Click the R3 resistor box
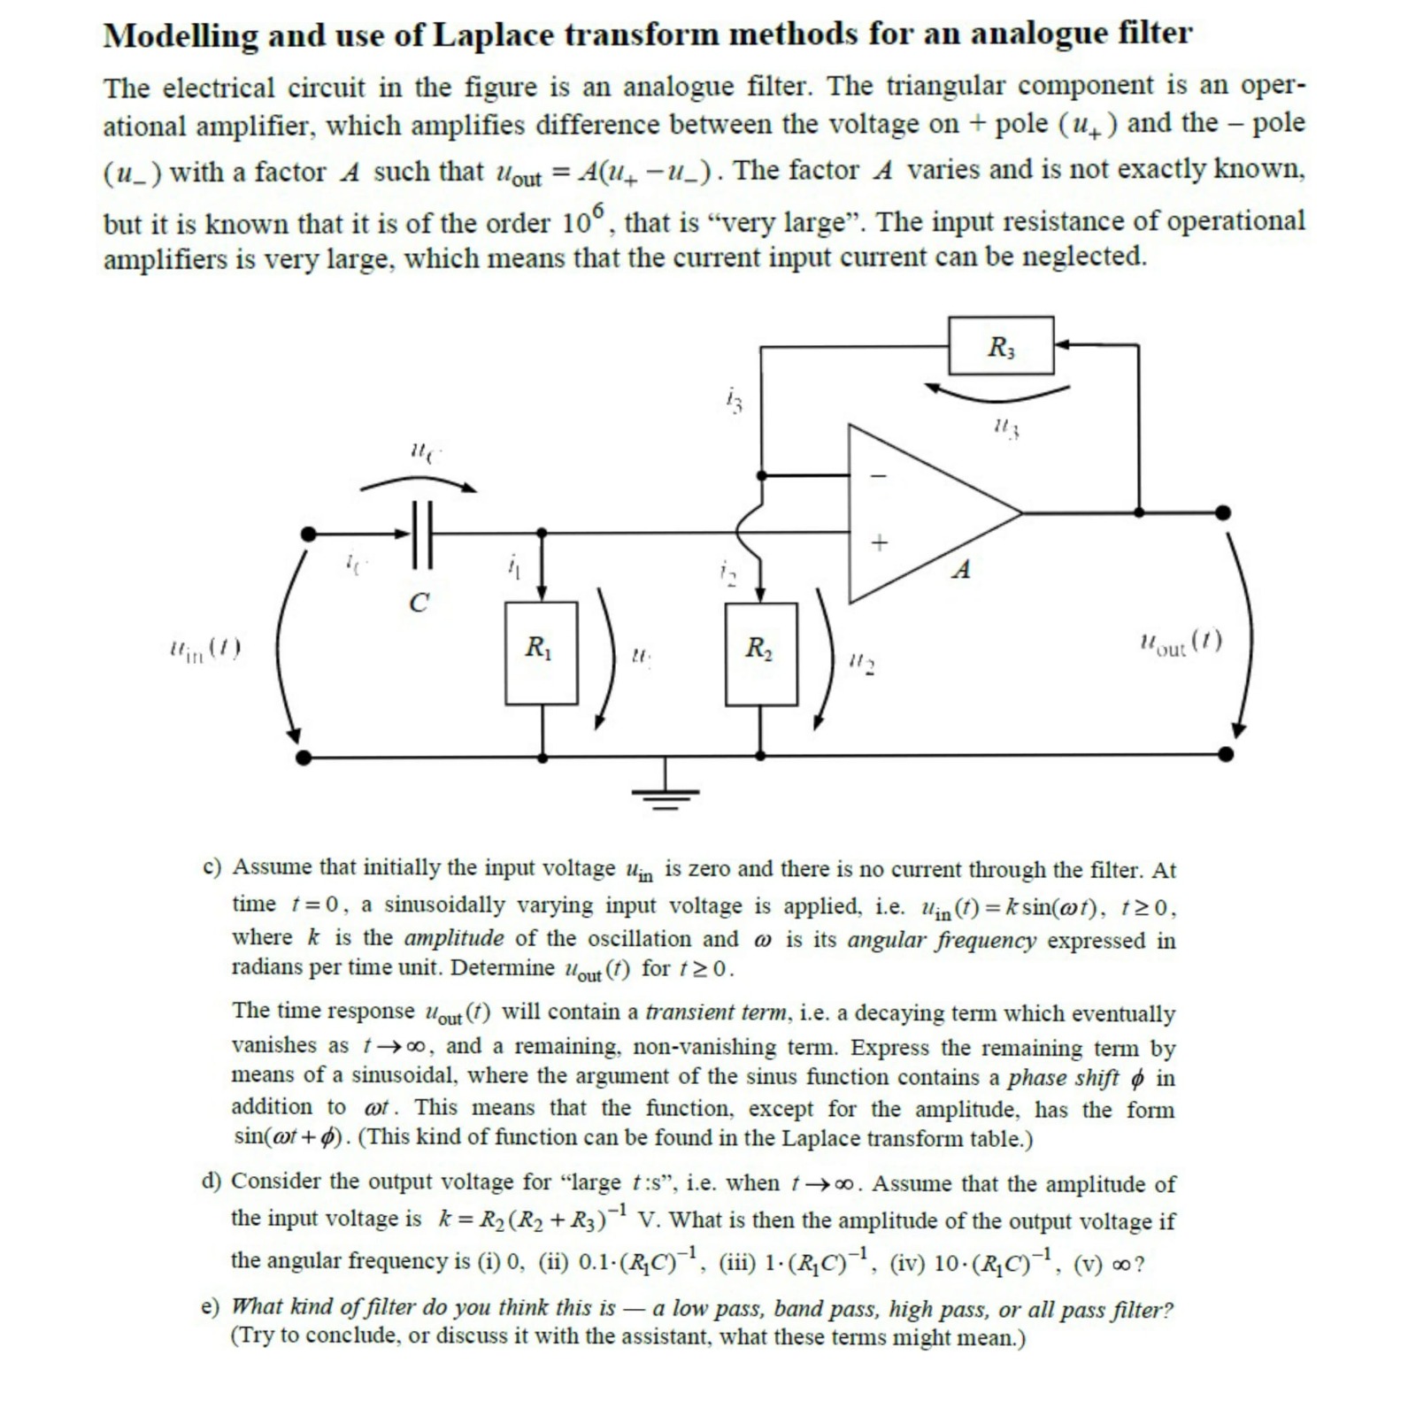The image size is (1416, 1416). coord(1001,345)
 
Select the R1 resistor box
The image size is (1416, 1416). coord(541,653)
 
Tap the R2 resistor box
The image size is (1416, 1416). coord(760,653)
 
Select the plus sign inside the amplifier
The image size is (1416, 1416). coord(878,543)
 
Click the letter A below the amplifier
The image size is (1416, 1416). coord(961,570)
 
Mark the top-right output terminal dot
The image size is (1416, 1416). coord(1222,512)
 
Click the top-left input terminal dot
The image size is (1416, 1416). coord(308,534)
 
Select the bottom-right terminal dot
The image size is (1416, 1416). coord(1226,754)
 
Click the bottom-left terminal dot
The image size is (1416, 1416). coord(304,758)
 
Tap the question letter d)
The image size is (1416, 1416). coord(212,1181)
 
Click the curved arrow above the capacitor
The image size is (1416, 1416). coord(418,481)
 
